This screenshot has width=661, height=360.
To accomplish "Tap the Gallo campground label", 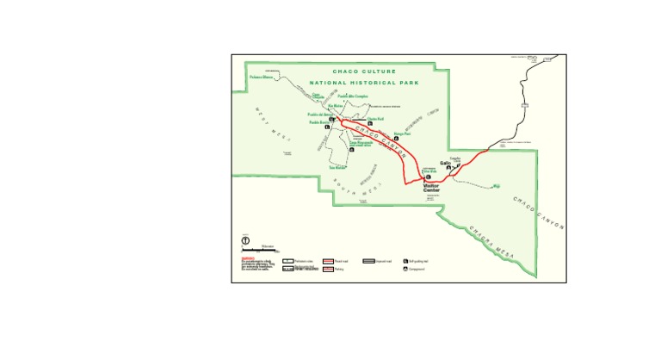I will [x=445, y=163].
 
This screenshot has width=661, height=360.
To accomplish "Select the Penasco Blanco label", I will [x=262, y=78].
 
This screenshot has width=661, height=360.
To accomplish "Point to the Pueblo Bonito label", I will [x=320, y=121].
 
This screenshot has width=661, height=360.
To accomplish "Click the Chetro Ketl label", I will [x=374, y=119].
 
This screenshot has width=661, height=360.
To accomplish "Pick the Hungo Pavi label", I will [x=403, y=133].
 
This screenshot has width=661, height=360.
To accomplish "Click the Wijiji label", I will [x=496, y=184].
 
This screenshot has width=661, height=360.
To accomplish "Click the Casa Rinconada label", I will [x=361, y=144].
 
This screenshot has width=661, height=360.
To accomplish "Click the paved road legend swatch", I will [x=328, y=260].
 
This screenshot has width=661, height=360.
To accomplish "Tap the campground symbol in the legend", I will [x=405, y=269].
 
